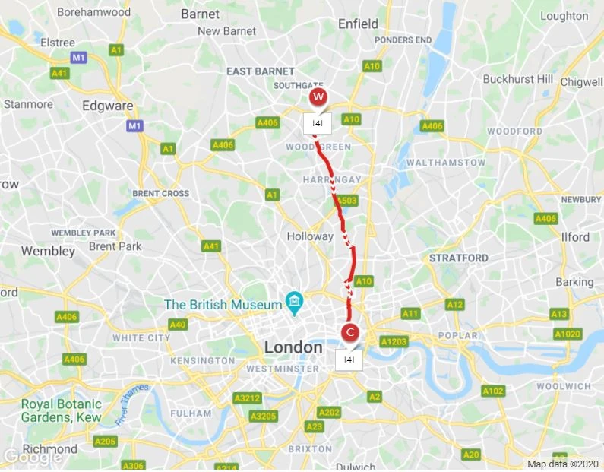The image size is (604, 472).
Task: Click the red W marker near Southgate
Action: click(318, 97)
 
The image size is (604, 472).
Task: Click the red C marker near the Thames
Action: click(350, 332)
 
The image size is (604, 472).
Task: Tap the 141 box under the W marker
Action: click(318, 123)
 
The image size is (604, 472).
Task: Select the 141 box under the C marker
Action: click(349, 360)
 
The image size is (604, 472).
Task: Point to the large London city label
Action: click(293, 347)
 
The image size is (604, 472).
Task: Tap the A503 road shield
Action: click(347, 201)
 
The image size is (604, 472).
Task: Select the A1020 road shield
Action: click(567, 334)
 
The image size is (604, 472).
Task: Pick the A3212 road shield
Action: click(247, 398)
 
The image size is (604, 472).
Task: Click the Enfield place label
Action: click(358, 24)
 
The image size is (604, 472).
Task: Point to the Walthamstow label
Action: click(445, 163)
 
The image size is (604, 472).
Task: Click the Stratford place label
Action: click(458, 258)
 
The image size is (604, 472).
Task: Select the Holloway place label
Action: click(309, 236)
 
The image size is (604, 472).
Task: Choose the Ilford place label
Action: click(575, 237)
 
